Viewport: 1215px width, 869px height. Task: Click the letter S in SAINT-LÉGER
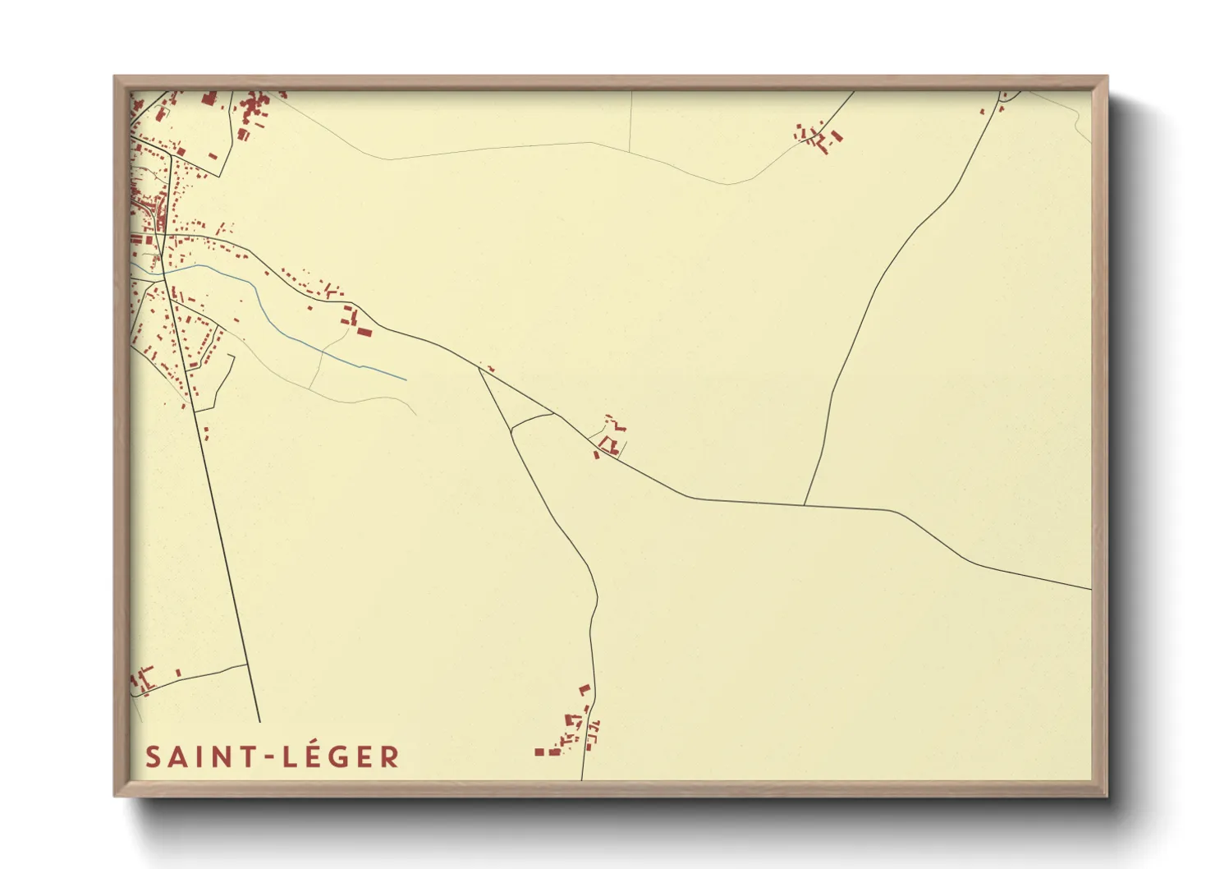153,757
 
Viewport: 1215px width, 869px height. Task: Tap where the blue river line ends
406,380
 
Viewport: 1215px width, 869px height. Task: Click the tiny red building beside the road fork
490,368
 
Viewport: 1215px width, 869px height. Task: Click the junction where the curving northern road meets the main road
805,504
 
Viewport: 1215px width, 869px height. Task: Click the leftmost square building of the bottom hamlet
539,752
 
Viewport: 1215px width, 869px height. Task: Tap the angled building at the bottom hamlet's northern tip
585,689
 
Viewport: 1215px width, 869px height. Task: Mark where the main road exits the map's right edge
1090,589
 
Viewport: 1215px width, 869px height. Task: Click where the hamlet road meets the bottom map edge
582,779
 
